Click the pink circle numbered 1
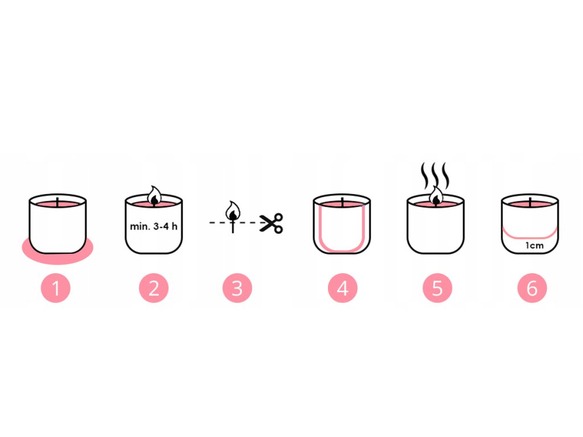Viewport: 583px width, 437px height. click(56, 288)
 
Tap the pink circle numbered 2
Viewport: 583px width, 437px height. click(154, 288)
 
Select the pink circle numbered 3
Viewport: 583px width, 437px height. click(237, 288)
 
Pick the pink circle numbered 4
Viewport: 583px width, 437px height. click(342, 288)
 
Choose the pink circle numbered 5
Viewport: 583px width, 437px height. click(437, 288)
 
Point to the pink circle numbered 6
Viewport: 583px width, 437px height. click(532, 288)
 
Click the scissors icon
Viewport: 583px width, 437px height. click(271, 223)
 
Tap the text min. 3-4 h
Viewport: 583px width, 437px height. click(154, 226)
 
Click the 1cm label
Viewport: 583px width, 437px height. click(534, 245)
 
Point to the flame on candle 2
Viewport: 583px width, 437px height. click(154, 195)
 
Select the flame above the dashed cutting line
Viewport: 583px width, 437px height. click(233, 211)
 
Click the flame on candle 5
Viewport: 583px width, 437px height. click(436, 195)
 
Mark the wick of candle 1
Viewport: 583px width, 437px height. click(58, 203)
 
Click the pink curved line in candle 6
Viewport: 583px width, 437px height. click(530, 237)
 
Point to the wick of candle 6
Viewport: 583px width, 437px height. click(530, 203)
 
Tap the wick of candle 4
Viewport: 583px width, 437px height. click(342, 203)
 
